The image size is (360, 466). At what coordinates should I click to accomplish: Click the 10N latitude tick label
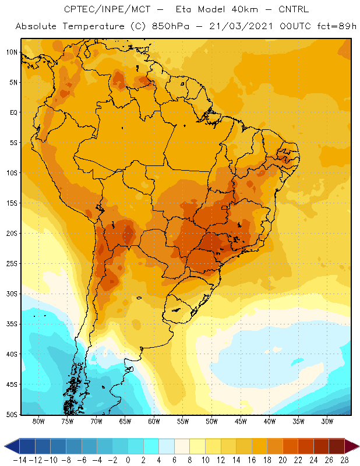pyautogui.click(x=12, y=52)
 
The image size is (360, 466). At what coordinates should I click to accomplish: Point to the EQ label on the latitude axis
pyautogui.click(x=13, y=112)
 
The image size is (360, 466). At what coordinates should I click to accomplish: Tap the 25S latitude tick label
pyautogui.click(x=12, y=264)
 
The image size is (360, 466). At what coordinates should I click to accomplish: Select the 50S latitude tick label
pyautogui.click(x=12, y=415)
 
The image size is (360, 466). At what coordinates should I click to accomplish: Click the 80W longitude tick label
pyautogui.click(x=38, y=421)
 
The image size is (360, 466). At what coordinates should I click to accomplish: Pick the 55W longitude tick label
pyautogui.click(x=183, y=421)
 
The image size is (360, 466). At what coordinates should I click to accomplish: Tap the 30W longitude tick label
pyautogui.click(x=327, y=421)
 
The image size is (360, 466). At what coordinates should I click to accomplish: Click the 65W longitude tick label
pyautogui.click(x=125, y=421)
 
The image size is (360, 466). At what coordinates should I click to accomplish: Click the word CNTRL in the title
pyautogui.click(x=294, y=9)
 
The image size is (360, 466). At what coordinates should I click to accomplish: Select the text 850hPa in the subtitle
pyautogui.click(x=171, y=26)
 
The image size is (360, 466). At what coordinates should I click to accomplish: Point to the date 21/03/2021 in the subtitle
pyautogui.click(x=241, y=26)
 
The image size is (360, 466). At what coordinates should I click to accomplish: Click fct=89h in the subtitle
pyautogui.click(x=337, y=26)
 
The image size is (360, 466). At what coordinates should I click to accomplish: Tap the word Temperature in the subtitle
pyautogui.click(x=94, y=26)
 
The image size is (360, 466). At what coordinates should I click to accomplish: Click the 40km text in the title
pyautogui.click(x=245, y=9)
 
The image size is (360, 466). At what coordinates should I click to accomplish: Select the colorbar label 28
pyautogui.click(x=344, y=460)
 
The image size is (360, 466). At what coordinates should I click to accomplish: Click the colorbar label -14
pyautogui.click(x=20, y=460)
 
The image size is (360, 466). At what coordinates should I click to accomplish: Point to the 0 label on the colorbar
pyautogui.click(x=128, y=460)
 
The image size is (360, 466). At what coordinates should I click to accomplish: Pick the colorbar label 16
pyautogui.click(x=252, y=460)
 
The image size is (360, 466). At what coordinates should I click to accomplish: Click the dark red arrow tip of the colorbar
pyautogui.click(x=359, y=446)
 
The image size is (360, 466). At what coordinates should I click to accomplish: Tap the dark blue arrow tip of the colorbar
pyautogui.click(x=5, y=446)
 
